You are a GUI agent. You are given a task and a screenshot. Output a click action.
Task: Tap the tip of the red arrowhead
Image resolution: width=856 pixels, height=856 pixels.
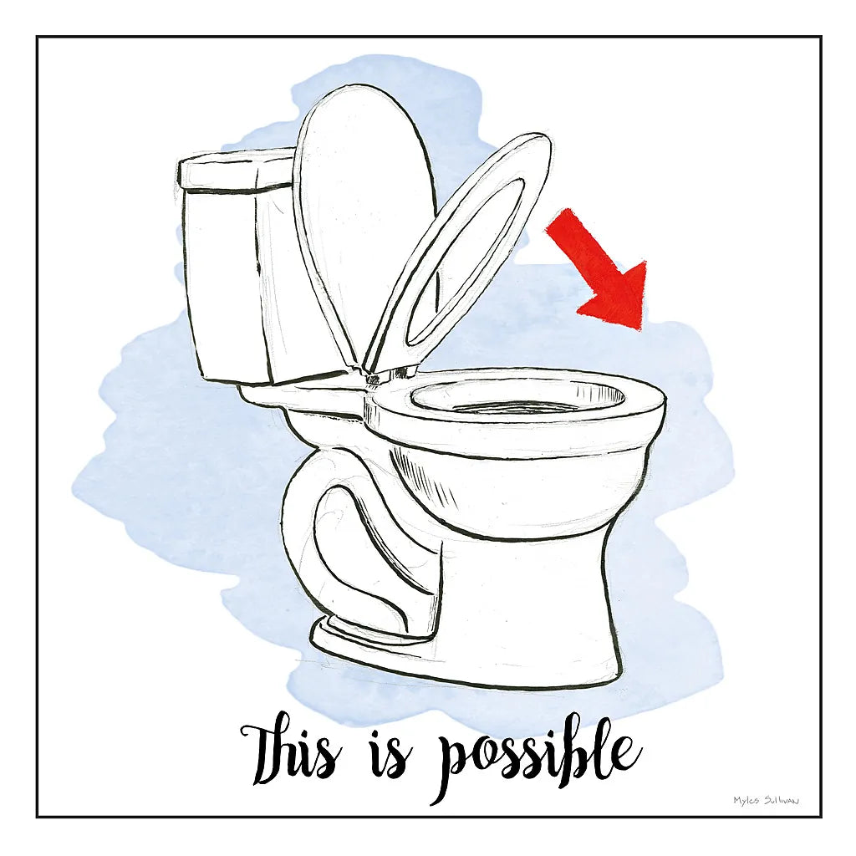click(x=642, y=329)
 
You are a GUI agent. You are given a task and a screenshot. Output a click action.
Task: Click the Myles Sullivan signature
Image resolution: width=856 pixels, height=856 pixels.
click(x=766, y=801)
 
